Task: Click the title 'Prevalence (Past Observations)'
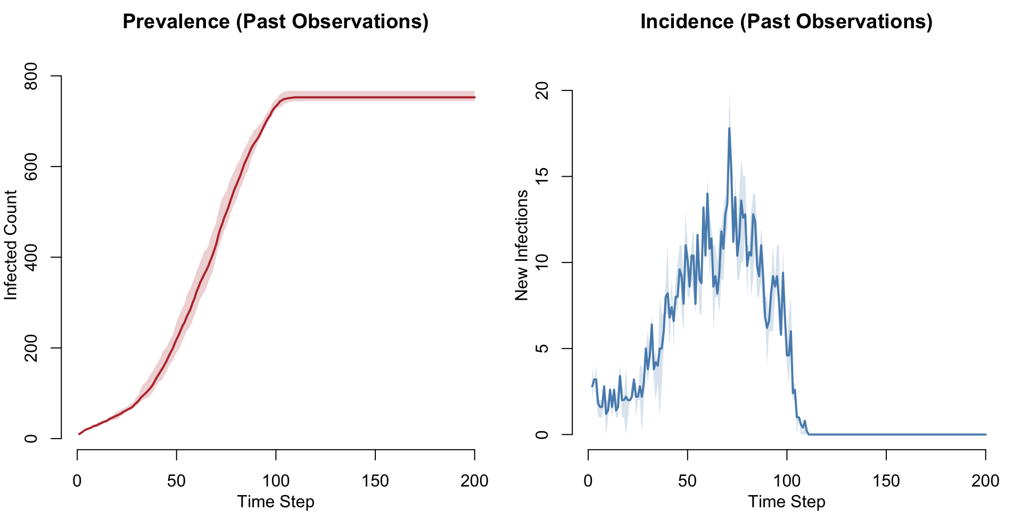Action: [x=275, y=22]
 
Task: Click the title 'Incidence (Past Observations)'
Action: [x=786, y=22]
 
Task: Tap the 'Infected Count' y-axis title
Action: [x=11, y=245]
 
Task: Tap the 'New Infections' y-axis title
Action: [x=522, y=245]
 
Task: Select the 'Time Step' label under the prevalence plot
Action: [x=275, y=501]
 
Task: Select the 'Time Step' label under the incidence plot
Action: [x=786, y=501]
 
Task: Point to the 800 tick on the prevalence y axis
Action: [x=31, y=76]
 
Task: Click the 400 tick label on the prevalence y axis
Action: [x=31, y=257]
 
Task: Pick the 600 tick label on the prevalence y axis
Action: [x=31, y=167]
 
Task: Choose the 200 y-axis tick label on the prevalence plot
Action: [x=31, y=348]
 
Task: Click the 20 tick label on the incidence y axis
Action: [x=542, y=90]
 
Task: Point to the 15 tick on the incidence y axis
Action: [x=542, y=177]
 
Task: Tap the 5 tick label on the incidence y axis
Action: [x=542, y=349]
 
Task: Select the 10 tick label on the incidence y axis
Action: [x=542, y=262]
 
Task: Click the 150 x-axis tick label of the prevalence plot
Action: [x=375, y=481]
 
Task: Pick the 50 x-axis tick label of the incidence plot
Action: [x=687, y=481]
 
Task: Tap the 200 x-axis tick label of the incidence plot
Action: [x=985, y=481]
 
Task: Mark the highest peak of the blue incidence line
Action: [x=729, y=128]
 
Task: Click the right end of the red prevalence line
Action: [x=474, y=97]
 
